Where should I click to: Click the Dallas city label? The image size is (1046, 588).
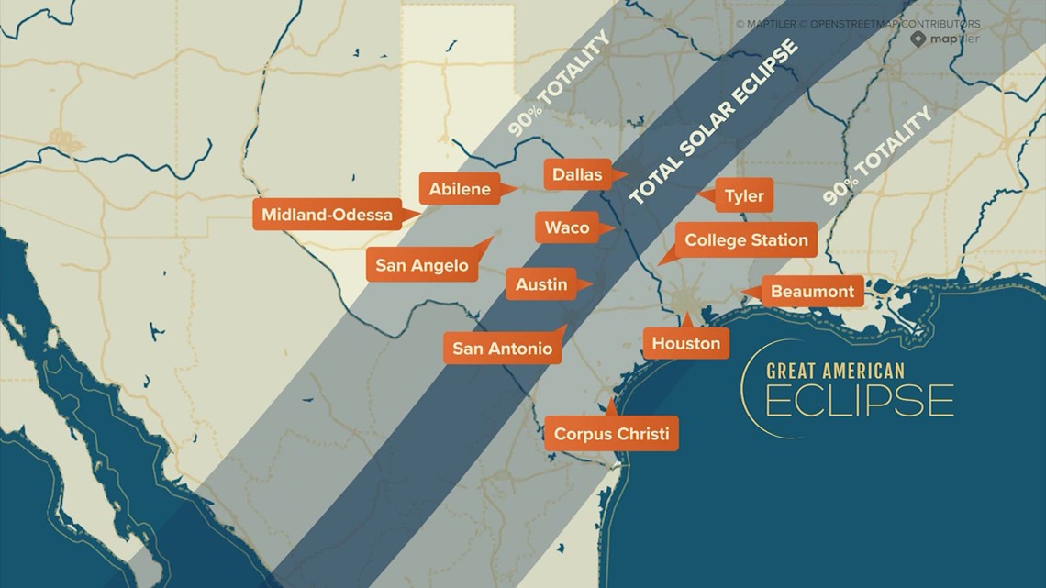click(x=578, y=174)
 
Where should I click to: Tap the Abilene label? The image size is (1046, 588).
click(x=460, y=189)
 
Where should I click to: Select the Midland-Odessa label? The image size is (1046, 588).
click(x=328, y=215)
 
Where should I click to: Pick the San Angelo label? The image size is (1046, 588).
click(x=422, y=266)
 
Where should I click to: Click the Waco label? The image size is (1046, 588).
click(x=567, y=227)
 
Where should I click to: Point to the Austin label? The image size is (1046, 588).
click(x=541, y=284)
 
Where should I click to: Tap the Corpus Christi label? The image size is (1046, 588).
click(x=611, y=434)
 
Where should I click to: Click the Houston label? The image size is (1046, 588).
click(x=686, y=343)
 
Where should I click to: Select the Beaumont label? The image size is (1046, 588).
click(x=812, y=292)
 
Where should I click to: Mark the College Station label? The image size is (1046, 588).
click(x=746, y=240)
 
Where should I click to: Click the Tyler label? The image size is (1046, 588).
click(x=743, y=195)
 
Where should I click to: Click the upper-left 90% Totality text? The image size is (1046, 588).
click(x=560, y=84)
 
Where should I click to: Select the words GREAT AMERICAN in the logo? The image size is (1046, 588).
click(x=835, y=372)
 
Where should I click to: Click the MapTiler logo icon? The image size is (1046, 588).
click(x=918, y=39)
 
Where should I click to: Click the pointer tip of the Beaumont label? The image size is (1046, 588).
click(x=741, y=293)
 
